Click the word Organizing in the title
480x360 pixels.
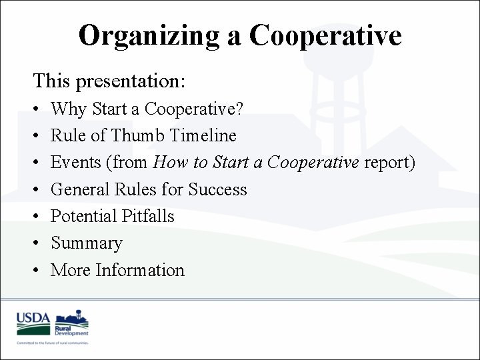click(x=150, y=35)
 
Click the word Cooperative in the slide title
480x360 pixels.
click(x=325, y=35)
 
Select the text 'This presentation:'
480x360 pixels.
click(x=109, y=81)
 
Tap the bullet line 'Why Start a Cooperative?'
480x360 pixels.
click(x=147, y=109)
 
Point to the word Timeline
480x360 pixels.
click(x=203, y=135)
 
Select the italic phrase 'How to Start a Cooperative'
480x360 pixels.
click(x=256, y=163)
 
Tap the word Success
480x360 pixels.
click(x=217, y=189)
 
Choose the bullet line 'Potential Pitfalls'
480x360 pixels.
click(x=112, y=216)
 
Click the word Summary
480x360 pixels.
click(x=87, y=243)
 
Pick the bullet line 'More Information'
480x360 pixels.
click(x=117, y=270)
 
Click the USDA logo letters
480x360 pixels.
click(x=33, y=319)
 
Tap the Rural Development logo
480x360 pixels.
click(x=72, y=322)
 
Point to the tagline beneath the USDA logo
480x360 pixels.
click(x=53, y=342)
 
